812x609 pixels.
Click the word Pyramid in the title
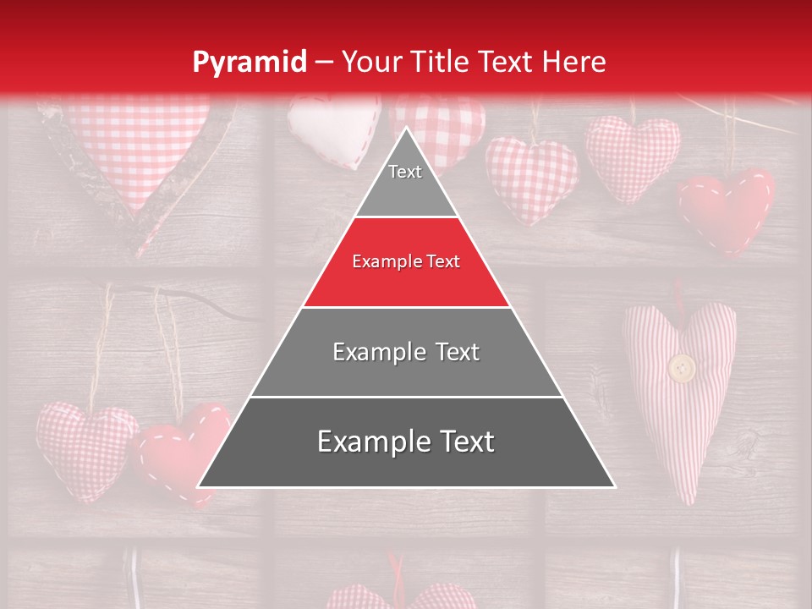[250, 63]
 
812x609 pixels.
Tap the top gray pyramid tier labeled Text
[405, 181]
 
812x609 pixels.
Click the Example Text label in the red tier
[406, 262]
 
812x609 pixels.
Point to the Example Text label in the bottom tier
[406, 442]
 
